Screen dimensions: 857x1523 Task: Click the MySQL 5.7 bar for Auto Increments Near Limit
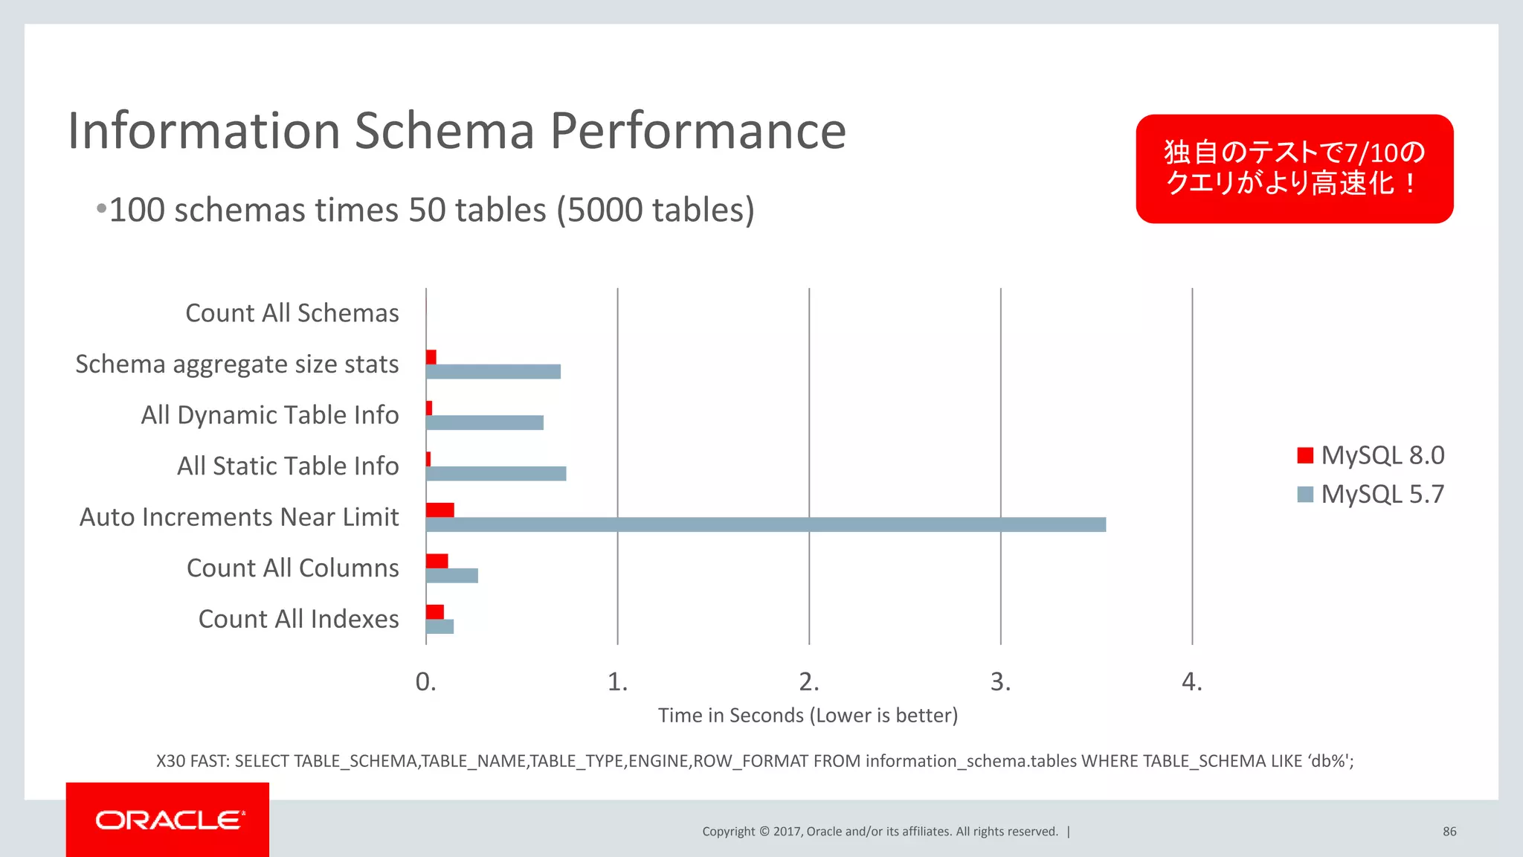point(766,524)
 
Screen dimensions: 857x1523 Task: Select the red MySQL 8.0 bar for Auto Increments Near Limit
point(439,510)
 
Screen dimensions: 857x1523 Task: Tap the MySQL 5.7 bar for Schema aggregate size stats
point(493,372)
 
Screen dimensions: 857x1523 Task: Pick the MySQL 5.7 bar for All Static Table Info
point(496,474)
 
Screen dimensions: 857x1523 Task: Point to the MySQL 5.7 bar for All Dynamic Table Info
point(485,423)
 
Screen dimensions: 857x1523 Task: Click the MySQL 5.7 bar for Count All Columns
point(452,576)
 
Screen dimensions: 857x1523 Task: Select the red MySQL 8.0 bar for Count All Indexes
point(435,612)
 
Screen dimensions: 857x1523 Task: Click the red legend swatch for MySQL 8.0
point(1305,455)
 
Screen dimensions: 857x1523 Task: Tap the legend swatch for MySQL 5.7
point(1305,494)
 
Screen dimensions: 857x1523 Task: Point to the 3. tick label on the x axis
point(1000,681)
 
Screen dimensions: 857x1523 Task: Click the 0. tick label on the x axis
point(425,681)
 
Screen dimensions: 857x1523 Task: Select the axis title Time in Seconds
point(808,716)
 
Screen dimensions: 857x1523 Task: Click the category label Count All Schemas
point(292,313)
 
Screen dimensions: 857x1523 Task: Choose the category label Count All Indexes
point(298,619)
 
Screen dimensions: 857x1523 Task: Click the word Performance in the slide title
point(698,131)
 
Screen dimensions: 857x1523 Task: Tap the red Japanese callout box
point(1294,169)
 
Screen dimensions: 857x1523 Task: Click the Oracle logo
point(168,820)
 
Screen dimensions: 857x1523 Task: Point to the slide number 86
point(1449,832)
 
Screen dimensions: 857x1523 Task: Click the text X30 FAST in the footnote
point(193,761)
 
